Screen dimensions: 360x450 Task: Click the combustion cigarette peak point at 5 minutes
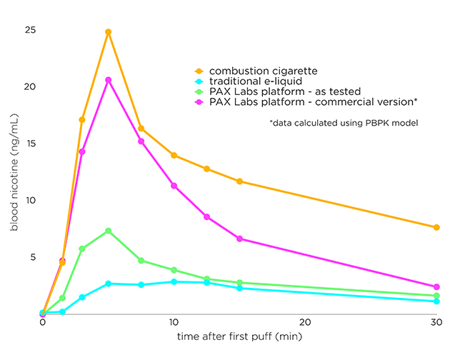coord(109,32)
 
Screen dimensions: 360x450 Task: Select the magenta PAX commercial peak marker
coord(109,80)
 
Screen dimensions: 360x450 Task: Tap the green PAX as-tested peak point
coord(109,231)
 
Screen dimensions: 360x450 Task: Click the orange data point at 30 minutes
coord(436,227)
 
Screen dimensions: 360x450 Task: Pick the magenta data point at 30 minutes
coord(436,287)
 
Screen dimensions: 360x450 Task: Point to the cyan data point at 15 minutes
coord(239,288)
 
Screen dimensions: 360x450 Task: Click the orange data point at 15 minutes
coord(239,181)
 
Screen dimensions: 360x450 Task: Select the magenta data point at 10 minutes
coord(174,186)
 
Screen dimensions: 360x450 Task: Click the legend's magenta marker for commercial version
coord(199,102)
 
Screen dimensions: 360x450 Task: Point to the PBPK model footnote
coord(344,124)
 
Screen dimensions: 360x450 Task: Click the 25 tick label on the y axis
coord(30,31)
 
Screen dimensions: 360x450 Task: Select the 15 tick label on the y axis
coord(30,144)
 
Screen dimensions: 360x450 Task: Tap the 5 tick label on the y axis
coord(32,257)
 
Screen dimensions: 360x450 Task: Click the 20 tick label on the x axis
coord(305,323)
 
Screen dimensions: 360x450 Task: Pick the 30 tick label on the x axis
coord(436,323)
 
